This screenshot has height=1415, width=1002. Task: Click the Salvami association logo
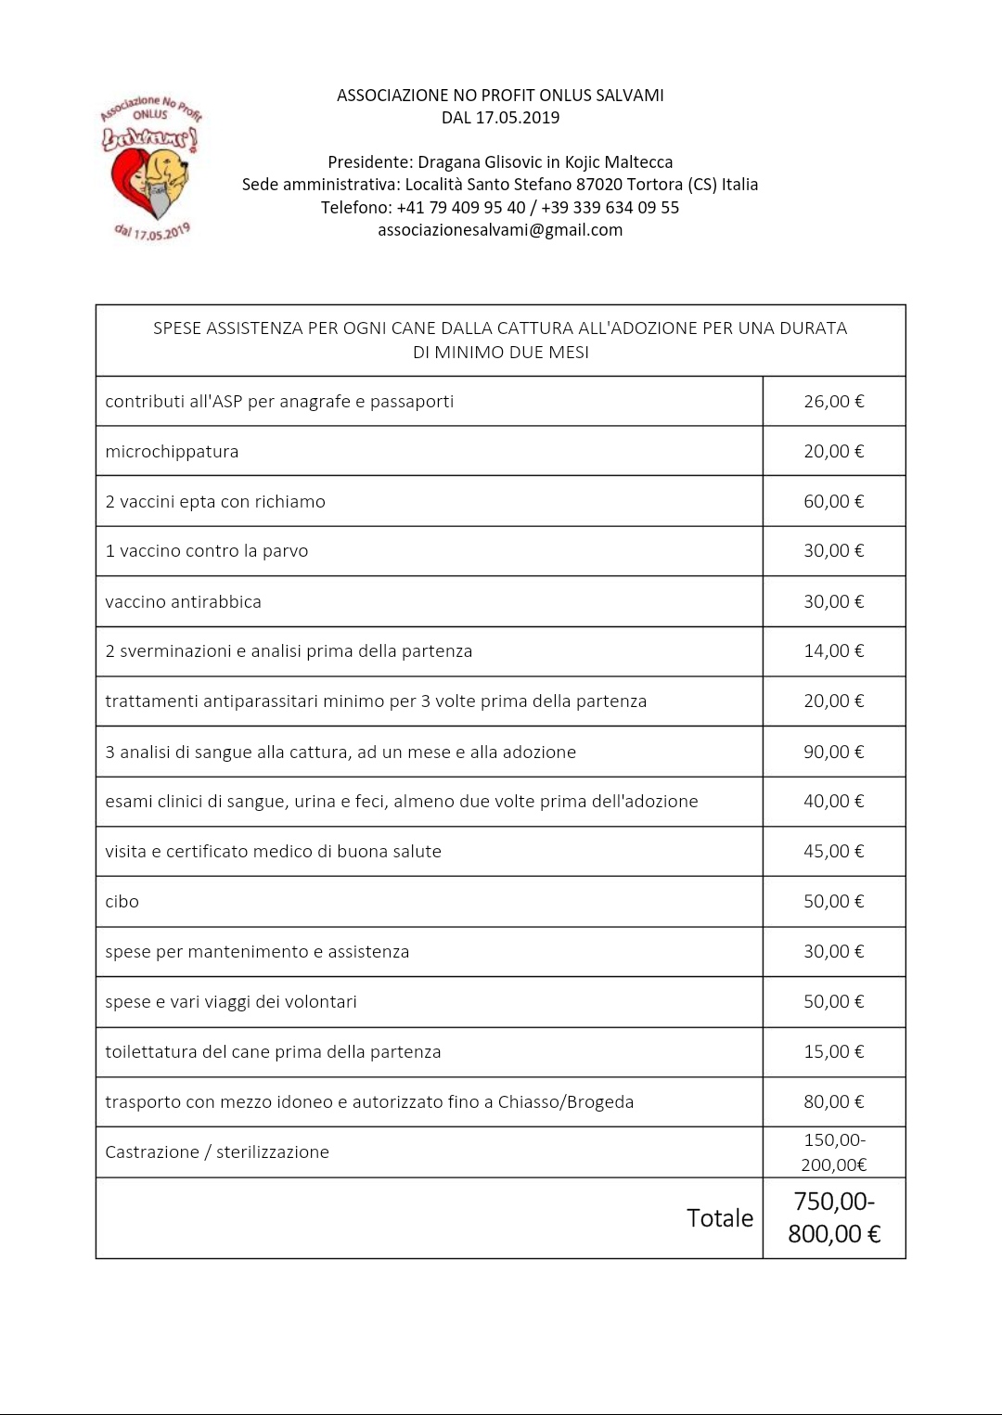coord(151,167)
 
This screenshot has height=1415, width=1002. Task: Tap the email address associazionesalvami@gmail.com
coord(500,230)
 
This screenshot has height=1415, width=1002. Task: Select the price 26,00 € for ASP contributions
coord(833,402)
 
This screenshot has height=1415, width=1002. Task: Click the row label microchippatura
coord(172,452)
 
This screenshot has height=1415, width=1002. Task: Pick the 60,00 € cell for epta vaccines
coord(833,502)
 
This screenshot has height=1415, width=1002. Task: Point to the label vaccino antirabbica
coord(183,602)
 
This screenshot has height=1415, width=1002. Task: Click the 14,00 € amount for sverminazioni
coord(833,651)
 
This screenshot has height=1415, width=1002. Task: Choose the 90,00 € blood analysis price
coord(833,753)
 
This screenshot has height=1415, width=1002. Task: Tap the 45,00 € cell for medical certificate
coord(833,852)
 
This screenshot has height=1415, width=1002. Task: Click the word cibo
coord(122,902)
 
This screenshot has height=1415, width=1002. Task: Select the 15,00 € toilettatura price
coord(833,1052)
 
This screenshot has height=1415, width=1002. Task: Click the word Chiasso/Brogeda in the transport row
coord(566,1102)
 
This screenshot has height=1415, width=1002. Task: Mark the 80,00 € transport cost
coord(833,1102)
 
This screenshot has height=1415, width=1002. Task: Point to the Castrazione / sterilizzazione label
coord(217,1152)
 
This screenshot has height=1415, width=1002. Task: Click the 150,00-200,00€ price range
coord(833,1152)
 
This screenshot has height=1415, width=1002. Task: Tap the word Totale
coord(720,1218)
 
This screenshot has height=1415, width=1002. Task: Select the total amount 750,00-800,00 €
coord(833,1218)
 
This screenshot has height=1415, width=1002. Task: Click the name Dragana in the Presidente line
coord(446,162)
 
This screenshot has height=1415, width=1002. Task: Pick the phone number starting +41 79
coord(461,208)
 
